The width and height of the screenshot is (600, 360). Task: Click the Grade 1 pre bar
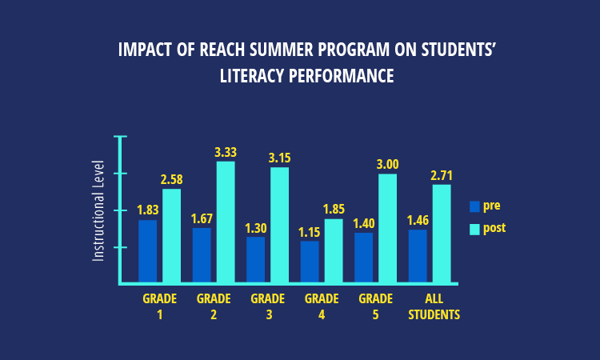147,251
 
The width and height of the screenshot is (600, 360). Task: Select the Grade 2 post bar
226,222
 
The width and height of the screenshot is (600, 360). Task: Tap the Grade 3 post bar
279,225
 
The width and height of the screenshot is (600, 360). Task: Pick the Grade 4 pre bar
310,262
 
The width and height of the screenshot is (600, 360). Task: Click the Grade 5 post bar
388,228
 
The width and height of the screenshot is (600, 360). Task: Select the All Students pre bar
418,256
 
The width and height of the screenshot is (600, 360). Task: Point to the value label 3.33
226,152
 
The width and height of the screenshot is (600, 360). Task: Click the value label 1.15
309,232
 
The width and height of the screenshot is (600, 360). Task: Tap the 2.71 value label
442,176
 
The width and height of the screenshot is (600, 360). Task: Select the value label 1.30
256,228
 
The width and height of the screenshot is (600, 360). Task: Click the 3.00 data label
388,165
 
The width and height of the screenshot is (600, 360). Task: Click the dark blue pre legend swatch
474,206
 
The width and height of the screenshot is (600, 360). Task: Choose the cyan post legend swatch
474,229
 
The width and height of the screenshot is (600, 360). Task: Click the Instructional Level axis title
98,210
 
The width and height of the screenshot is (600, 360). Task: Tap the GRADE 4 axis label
322,306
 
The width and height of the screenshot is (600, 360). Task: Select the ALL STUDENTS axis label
434,306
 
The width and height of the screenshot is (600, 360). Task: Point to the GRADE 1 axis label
159,306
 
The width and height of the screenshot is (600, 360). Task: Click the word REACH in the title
222,50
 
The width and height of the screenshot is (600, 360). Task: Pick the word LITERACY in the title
252,75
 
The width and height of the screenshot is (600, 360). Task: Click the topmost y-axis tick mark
120,136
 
